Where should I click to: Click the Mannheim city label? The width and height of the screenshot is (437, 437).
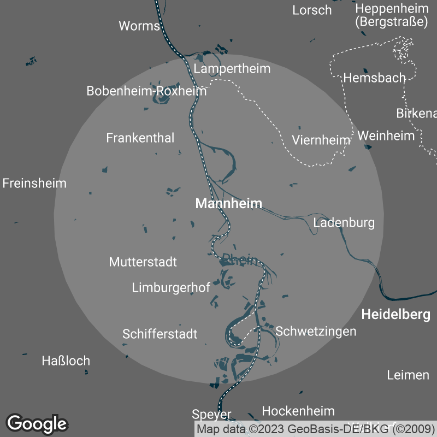click(x=228, y=204)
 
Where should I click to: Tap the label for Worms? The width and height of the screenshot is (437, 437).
click(x=139, y=26)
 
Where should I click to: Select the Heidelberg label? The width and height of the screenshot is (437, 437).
click(x=395, y=315)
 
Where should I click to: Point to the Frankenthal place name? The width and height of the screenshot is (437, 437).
click(x=140, y=138)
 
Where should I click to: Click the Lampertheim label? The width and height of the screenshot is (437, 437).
click(x=232, y=69)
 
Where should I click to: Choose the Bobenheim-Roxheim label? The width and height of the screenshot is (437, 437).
click(x=146, y=91)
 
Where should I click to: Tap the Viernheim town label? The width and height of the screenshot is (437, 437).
click(x=321, y=140)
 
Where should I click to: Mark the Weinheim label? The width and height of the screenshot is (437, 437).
click(x=386, y=135)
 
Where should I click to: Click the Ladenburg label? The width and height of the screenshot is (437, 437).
click(x=344, y=222)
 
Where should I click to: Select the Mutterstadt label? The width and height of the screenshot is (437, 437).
click(x=143, y=262)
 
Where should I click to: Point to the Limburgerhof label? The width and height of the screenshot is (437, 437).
click(x=171, y=288)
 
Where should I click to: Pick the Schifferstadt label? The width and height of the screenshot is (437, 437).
click(x=160, y=334)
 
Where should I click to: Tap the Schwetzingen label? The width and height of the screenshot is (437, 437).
click(x=316, y=331)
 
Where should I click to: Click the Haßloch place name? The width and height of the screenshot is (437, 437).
click(x=66, y=361)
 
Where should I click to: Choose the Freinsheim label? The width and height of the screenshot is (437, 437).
click(x=34, y=183)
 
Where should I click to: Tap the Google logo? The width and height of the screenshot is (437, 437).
click(x=37, y=423)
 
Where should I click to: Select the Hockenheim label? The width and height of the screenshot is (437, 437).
click(x=298, y=411)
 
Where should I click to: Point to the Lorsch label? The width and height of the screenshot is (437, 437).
click(x=312, y=10)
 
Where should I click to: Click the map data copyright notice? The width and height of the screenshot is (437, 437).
click(x=316, y=429)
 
